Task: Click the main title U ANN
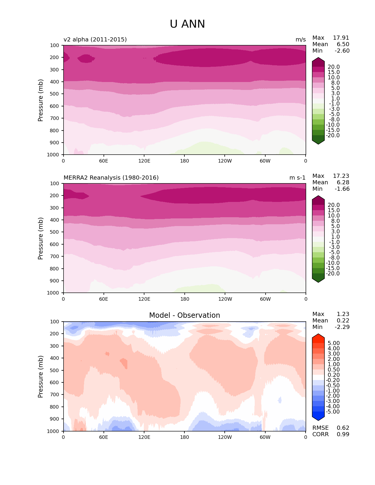tap(187, 24)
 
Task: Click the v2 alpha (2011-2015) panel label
tap(95, 40)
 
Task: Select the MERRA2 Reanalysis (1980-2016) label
tap(111, 178)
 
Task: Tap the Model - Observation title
tap(184, 315)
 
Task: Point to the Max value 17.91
tap(341, 38)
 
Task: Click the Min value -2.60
tap(342, 51)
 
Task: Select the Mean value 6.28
tap(343, 183)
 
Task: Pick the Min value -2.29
tap(342, 327)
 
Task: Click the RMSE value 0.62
tap(343, 428)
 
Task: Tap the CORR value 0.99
tap(343, 434)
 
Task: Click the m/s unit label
tap(301, 40)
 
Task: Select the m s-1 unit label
tap(297, 178)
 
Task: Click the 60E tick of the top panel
tap(104, 161)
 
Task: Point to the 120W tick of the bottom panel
tap(225, 437)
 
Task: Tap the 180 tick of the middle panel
tap(184, 299)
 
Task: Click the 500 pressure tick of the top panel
tap(55, 94)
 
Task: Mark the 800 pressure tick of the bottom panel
tap(55, 407)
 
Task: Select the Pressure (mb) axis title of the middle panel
tap(41, 238)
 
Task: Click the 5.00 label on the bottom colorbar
tap(334, 343)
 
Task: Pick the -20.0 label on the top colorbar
tap(334, 136)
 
